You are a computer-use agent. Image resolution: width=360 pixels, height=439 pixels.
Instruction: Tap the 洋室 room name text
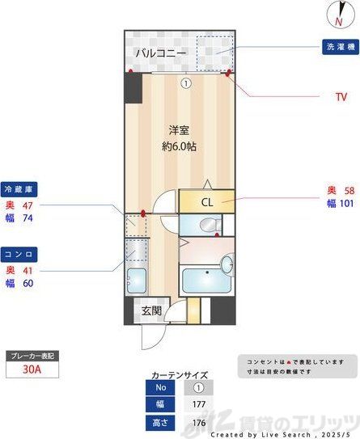click(x=180, y=129)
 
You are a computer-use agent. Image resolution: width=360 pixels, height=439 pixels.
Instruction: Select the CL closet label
click(x=206, y=202)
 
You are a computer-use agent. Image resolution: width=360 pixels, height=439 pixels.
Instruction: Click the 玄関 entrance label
click(x=151, y=310)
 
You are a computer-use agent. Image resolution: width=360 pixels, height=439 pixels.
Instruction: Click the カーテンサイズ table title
click(x=180, y=375)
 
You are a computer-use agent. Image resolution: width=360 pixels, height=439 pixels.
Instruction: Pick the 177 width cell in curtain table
click(x=198, y=403)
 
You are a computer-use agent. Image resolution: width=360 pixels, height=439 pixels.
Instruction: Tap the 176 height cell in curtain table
click(x=198, y=421)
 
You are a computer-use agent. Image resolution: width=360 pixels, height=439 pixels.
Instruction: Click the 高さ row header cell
click(x=160, y=421)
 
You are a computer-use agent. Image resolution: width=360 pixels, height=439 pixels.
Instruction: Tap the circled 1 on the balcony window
click(x=185, y=82)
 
